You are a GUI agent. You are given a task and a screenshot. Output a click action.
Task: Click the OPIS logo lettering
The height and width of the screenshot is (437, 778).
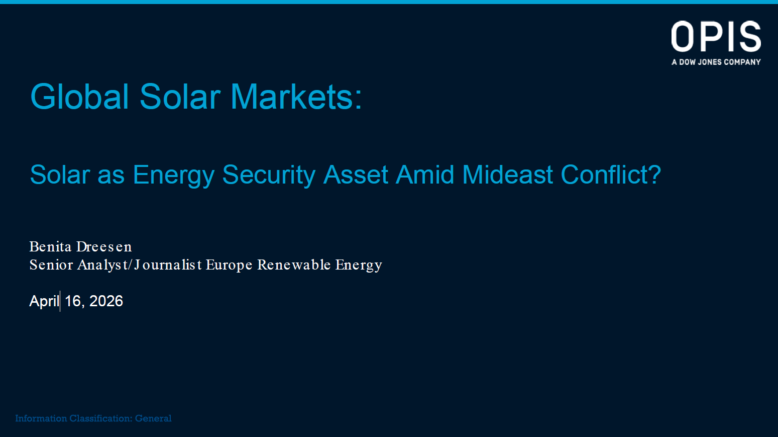click(x=716, y=36)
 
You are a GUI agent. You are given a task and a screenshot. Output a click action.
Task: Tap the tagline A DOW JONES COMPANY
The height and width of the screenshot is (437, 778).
click(x=716, y=62)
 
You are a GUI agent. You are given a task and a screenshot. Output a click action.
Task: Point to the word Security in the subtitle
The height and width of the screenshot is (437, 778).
click(x=269, y=174)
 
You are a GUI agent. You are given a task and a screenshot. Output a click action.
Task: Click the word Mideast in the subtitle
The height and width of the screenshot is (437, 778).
click(x=507, y=174)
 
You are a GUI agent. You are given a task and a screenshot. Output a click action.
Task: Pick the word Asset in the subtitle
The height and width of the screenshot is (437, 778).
click(x=355, y=174)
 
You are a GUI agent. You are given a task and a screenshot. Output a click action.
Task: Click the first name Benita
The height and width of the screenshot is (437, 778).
click(x=50, y=246)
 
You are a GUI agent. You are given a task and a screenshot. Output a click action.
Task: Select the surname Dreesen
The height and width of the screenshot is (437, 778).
click(x=104, y=246)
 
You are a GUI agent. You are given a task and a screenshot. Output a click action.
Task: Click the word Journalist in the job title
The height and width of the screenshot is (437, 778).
click(x=168, y=265)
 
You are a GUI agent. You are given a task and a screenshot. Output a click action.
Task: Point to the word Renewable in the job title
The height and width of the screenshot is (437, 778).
click(x=294, y=265)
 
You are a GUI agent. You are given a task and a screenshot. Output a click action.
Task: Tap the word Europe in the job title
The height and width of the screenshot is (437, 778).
click(x=229, y=265)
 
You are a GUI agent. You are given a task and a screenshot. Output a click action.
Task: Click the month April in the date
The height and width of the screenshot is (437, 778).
click(x=44, y=301)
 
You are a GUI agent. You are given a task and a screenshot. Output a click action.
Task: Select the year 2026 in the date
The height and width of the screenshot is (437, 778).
click(x=106, y=301)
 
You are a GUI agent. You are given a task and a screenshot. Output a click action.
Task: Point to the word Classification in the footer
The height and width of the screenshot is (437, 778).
click(x=100, y=418)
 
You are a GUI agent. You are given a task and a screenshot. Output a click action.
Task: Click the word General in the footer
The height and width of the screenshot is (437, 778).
click(x=153, y=418)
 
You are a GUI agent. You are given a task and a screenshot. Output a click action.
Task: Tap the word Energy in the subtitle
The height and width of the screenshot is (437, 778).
click(x=174, y=174)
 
